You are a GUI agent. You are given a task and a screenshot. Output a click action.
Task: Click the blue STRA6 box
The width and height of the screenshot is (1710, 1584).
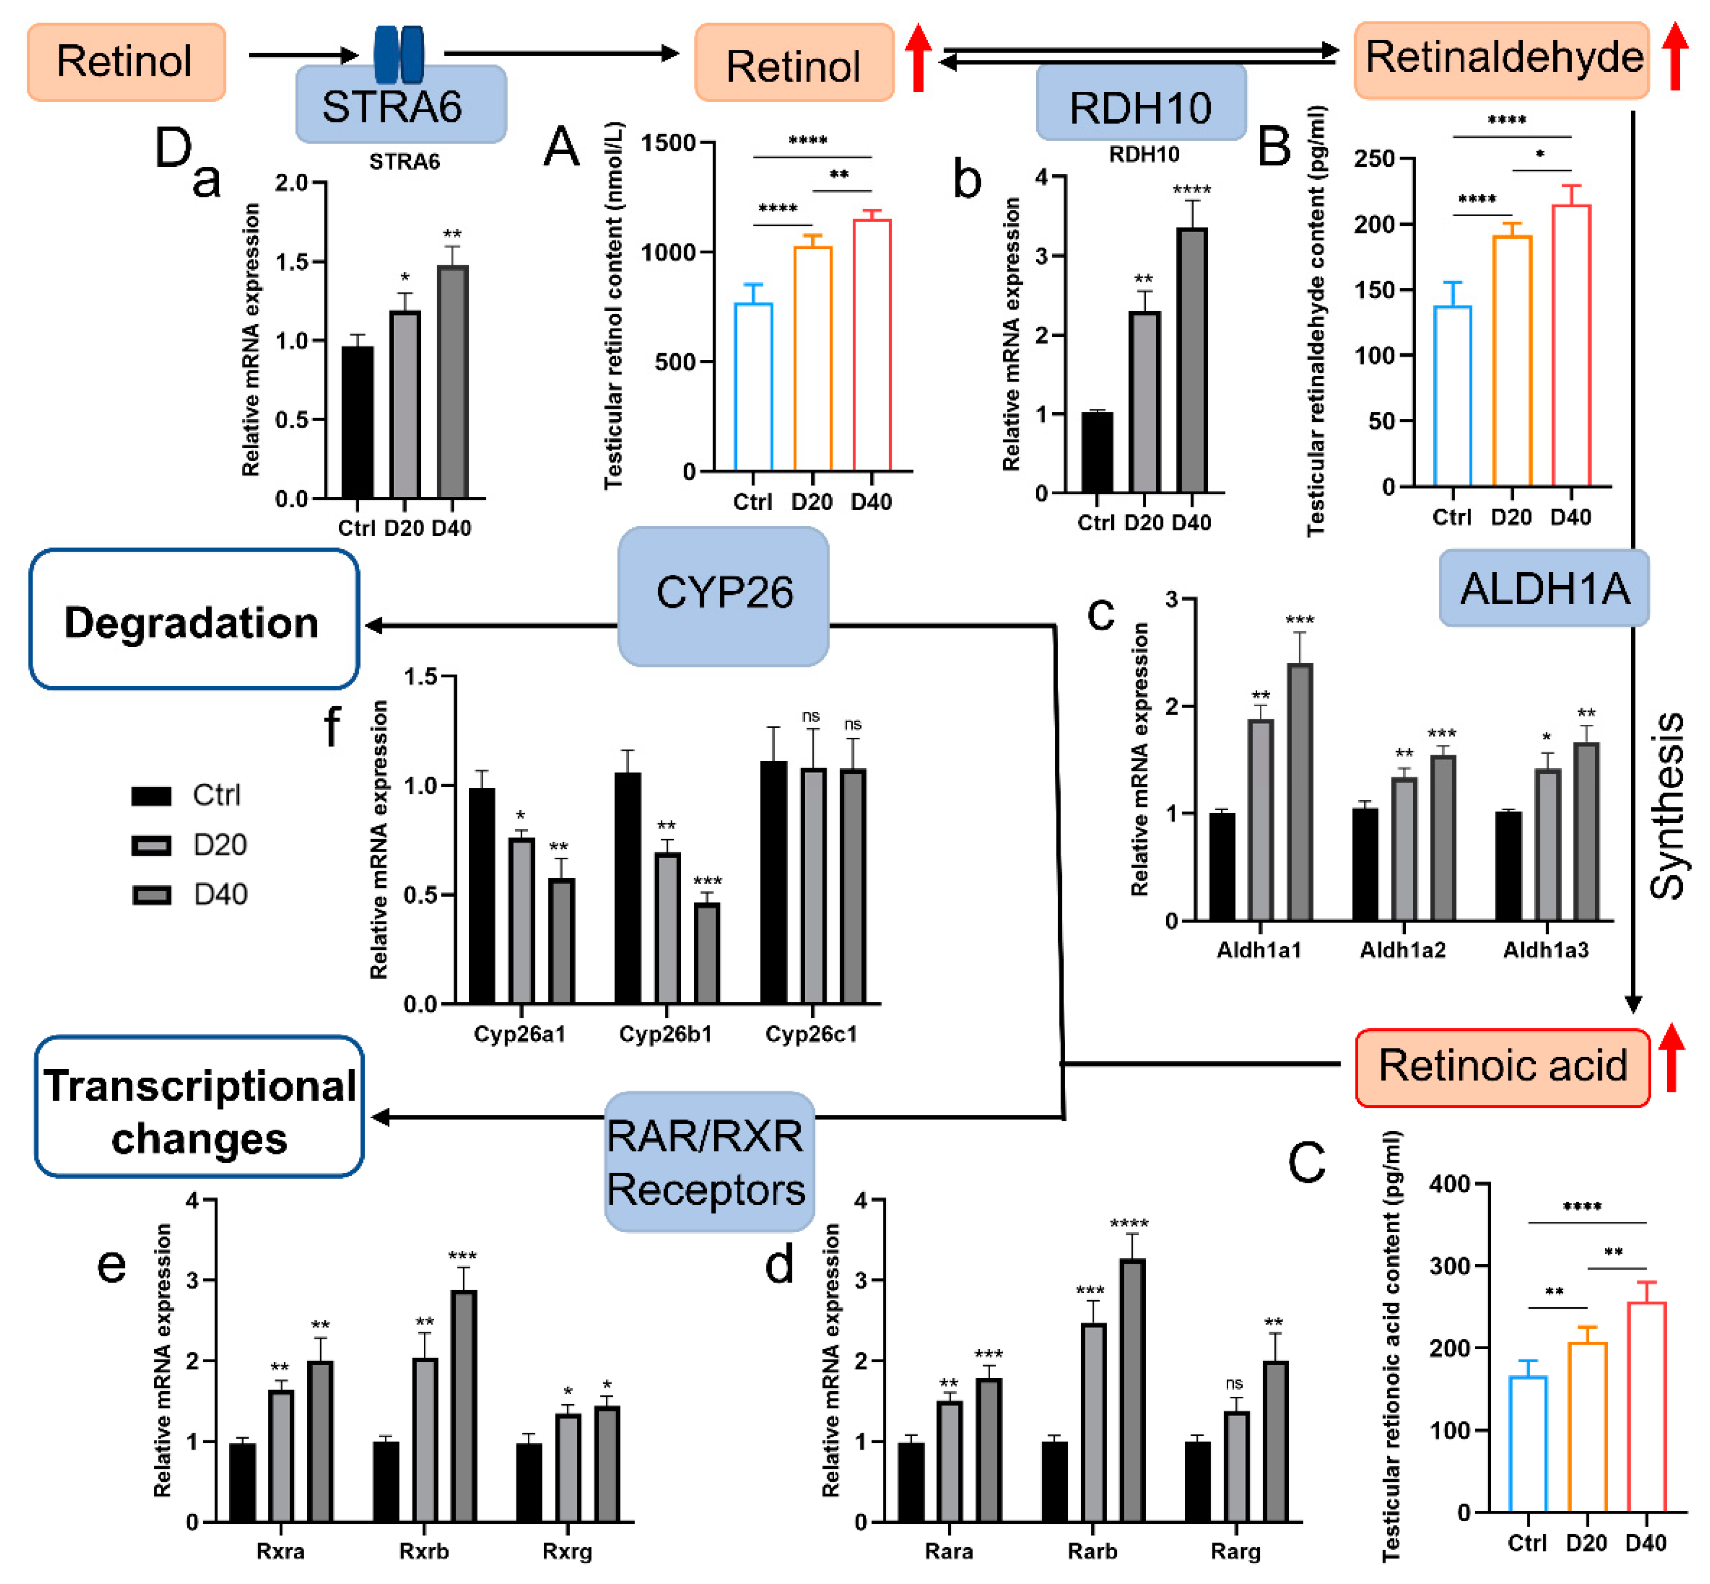400,104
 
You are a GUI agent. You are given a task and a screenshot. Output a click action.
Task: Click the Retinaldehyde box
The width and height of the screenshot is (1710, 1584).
1502,58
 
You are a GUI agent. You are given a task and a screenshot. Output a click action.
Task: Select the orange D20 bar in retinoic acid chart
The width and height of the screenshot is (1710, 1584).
1587,1427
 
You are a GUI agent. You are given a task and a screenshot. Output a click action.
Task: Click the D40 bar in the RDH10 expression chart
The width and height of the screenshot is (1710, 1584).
1191,360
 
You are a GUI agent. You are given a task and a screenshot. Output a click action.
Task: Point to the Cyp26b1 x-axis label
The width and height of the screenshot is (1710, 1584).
665,1034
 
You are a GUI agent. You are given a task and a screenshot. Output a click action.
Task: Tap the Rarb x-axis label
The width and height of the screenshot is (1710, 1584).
1092,1550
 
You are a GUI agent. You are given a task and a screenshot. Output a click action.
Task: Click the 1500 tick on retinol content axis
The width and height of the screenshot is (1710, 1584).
669,142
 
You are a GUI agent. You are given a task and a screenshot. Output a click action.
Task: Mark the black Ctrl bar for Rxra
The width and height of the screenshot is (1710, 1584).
243,1482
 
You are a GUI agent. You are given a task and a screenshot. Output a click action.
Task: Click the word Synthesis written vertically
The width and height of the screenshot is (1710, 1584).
1667,806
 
